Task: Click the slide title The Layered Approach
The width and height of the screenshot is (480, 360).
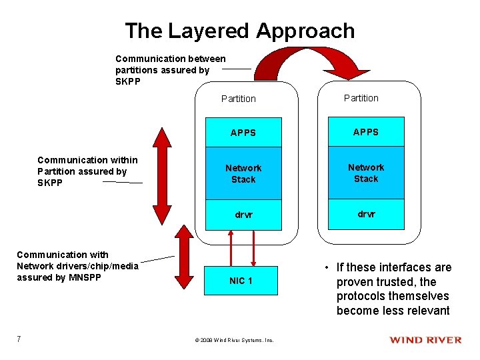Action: (240, 31)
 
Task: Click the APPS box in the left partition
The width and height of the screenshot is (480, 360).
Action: (243, 133)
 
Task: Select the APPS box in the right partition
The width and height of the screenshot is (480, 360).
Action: (365, 132)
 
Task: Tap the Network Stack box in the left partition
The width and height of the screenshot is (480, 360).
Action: (243, 173)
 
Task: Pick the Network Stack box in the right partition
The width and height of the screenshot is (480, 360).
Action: (365, 173)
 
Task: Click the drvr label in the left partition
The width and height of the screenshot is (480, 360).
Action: (243, 215)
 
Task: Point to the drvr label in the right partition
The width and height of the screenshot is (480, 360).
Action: (365, 214)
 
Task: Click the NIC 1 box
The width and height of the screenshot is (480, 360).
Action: (241, 281)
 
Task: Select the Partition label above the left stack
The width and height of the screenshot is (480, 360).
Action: (238, 99)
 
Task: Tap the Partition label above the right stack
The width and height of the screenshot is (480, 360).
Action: (361, 98)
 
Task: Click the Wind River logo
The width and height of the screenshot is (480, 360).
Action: (425, 340)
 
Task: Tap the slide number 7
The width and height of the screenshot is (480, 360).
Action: (19, 339)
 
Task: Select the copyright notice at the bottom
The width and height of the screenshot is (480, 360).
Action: (234, 340)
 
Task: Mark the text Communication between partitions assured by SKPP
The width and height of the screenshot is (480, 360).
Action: (170, 70)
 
